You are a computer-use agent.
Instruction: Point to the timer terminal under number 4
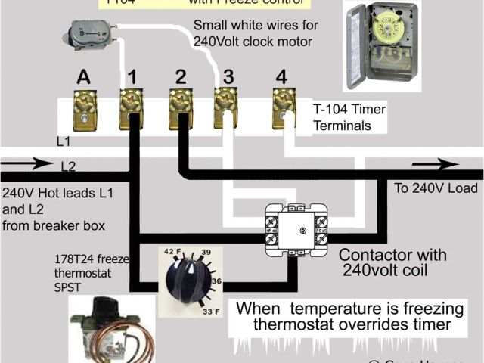click(283, 107)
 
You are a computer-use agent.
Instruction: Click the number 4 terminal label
click(282, 76)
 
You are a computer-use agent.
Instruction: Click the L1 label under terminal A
click(65, 141)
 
